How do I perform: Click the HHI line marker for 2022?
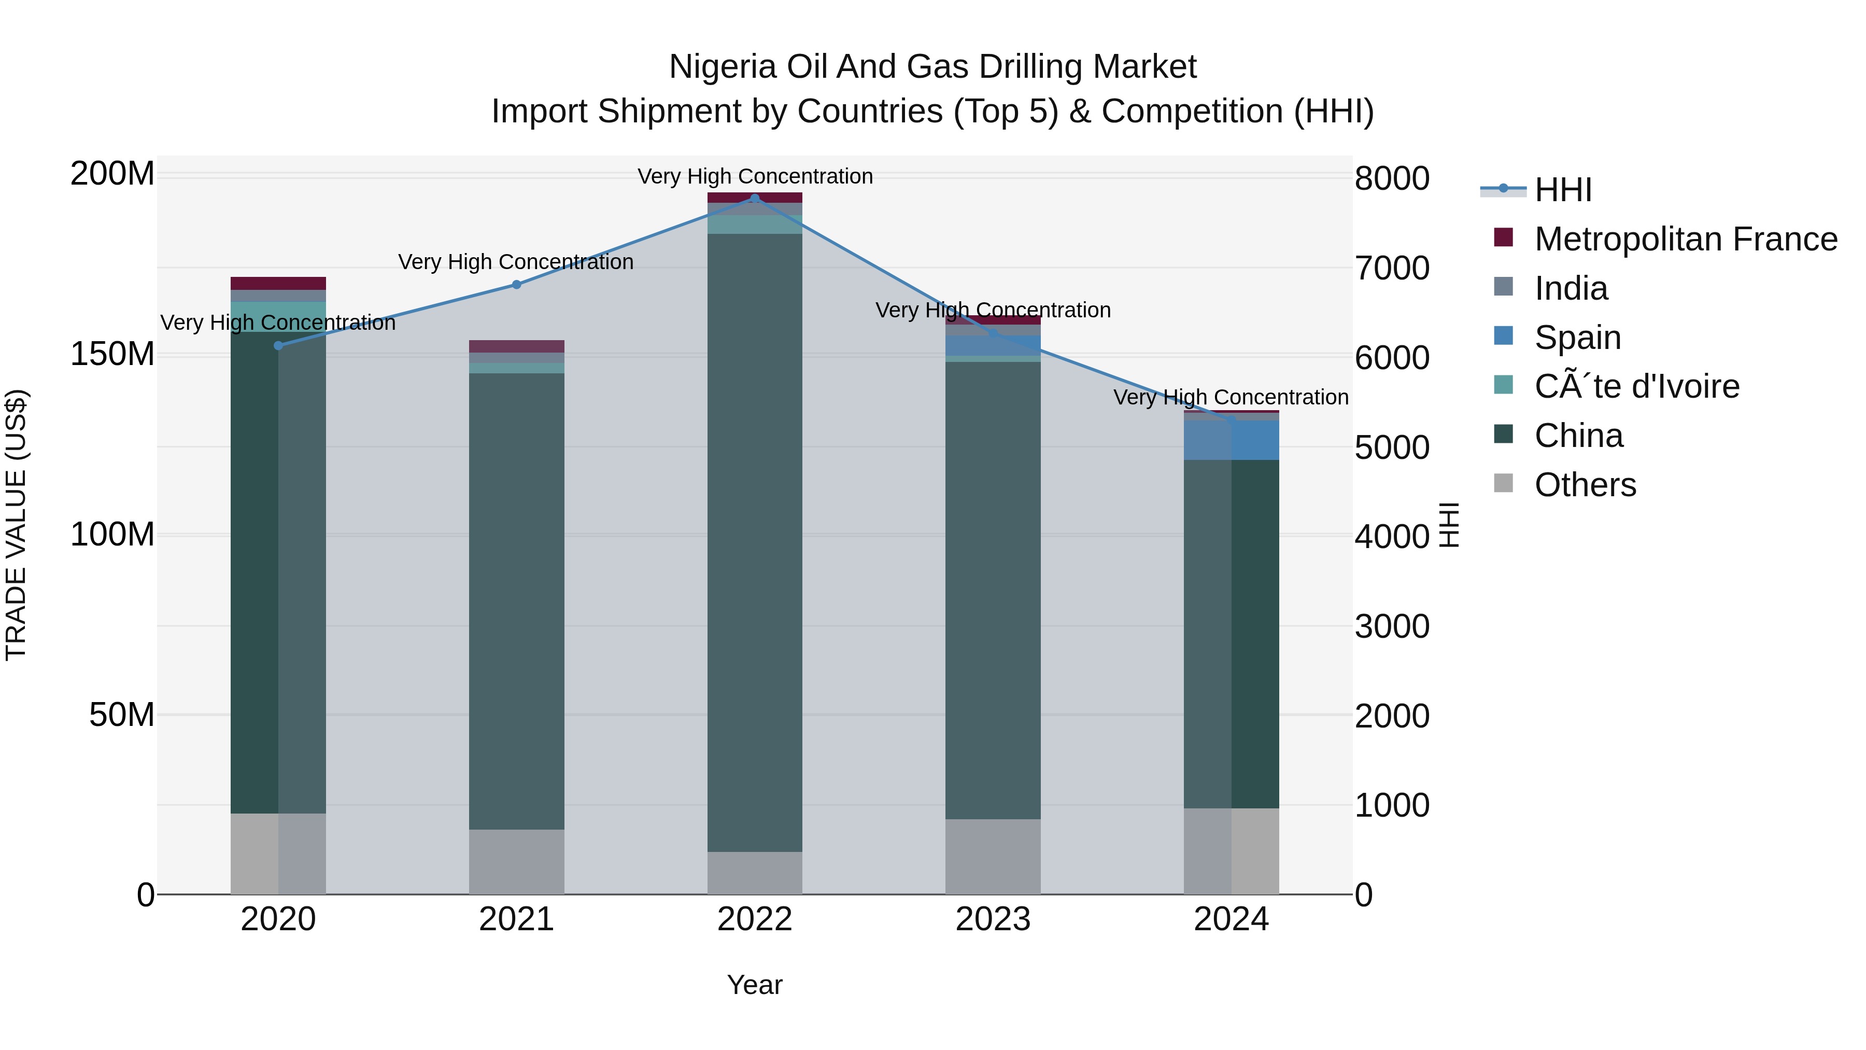[755, 199]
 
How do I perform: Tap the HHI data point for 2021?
[516, 285]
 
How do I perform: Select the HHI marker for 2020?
[278, 346]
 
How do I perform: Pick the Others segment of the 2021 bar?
[516, 862]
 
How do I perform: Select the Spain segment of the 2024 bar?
[1232, 440]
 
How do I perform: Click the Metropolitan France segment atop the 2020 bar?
[278, 283]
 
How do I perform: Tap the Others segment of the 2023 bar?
[993, 857]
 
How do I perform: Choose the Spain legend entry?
[1578, 338]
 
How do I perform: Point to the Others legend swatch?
[1504, 483]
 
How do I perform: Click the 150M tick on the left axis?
[112, 354]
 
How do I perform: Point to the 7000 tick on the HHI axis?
[1392, 268]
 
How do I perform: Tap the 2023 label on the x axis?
[993, 919]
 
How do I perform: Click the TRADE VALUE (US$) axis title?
[16, 525]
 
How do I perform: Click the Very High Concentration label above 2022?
[755, 176]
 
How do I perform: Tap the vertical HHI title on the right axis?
[1449, 525]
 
